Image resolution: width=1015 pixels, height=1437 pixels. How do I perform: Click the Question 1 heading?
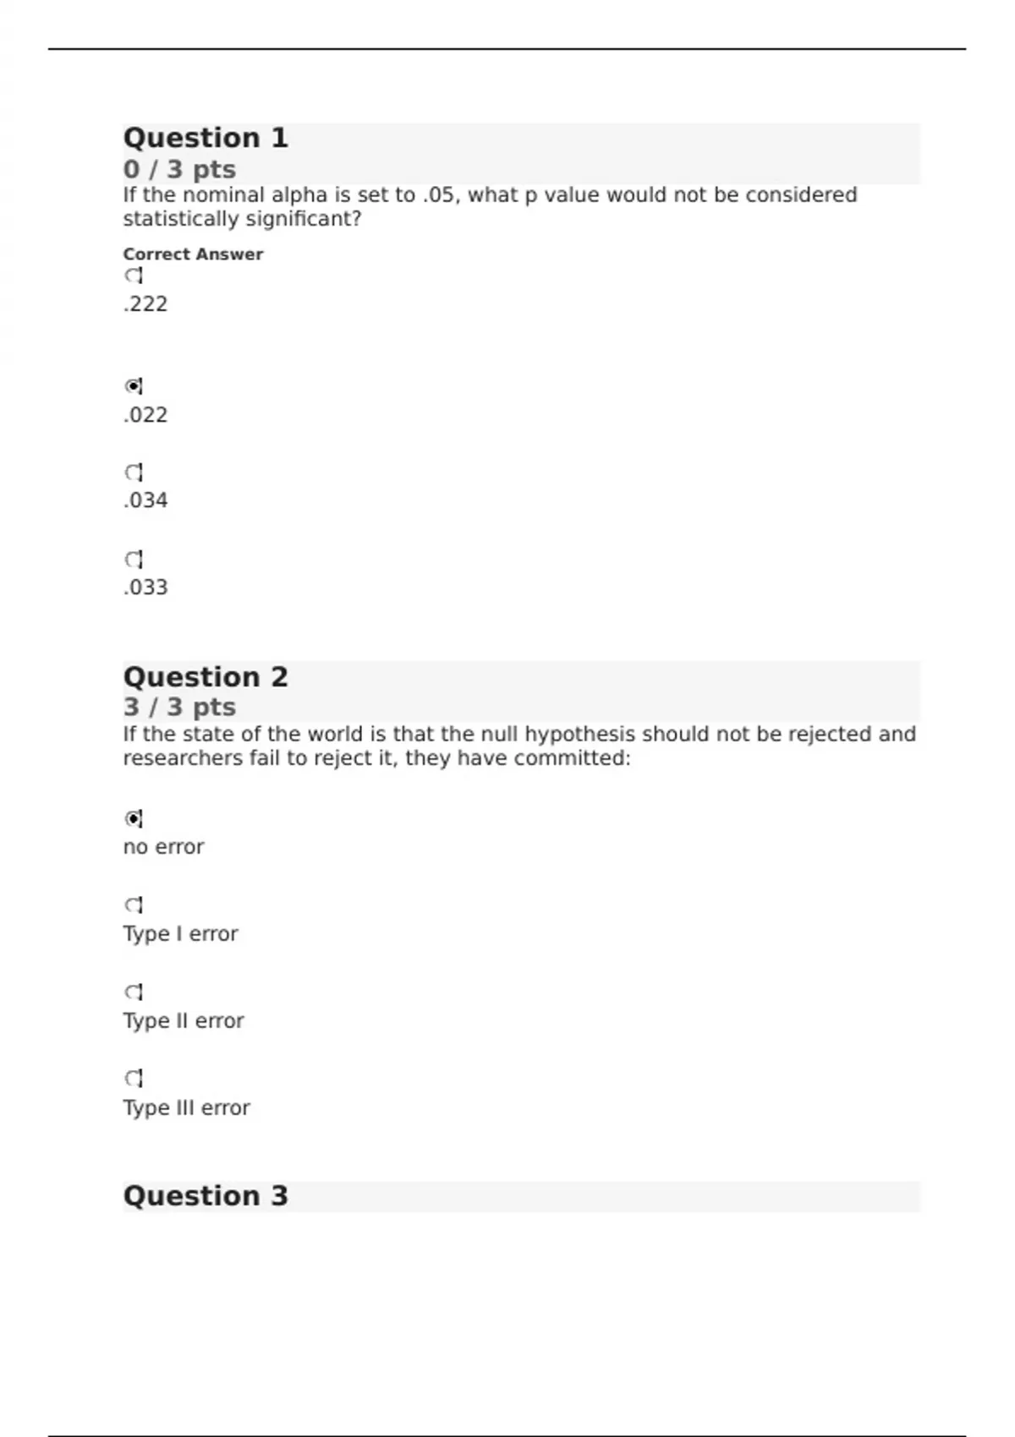tap(206, 138)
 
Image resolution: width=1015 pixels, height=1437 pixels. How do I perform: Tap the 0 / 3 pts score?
tap(179, 169)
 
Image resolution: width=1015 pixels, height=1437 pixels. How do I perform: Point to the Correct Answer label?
tap(193, 254)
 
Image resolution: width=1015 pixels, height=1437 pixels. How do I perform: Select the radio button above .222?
tap(133, 276)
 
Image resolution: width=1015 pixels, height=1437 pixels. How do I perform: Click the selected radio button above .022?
tap(133, 386)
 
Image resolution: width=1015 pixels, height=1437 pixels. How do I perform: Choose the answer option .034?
tap(145, 500)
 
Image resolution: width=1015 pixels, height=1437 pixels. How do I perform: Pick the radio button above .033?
tap(133, 560)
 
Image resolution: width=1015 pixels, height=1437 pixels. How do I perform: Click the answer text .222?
tap(145, 304)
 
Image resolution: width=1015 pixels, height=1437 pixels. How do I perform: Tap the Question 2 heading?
tap(206, 677)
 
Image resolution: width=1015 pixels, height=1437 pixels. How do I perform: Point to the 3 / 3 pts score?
tap(179, 707)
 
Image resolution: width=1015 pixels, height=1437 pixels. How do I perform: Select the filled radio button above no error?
tap(133, 818)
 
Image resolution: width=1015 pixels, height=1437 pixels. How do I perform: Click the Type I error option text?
tap(180, 934)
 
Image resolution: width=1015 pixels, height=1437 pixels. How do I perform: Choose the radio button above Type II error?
tap(133, 992)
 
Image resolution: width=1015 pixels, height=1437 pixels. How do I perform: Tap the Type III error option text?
tap(186, 1108)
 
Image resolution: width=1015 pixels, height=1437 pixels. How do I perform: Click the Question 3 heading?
tap(206, 1196)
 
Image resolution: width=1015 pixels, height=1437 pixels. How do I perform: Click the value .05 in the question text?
tap(436, 195)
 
